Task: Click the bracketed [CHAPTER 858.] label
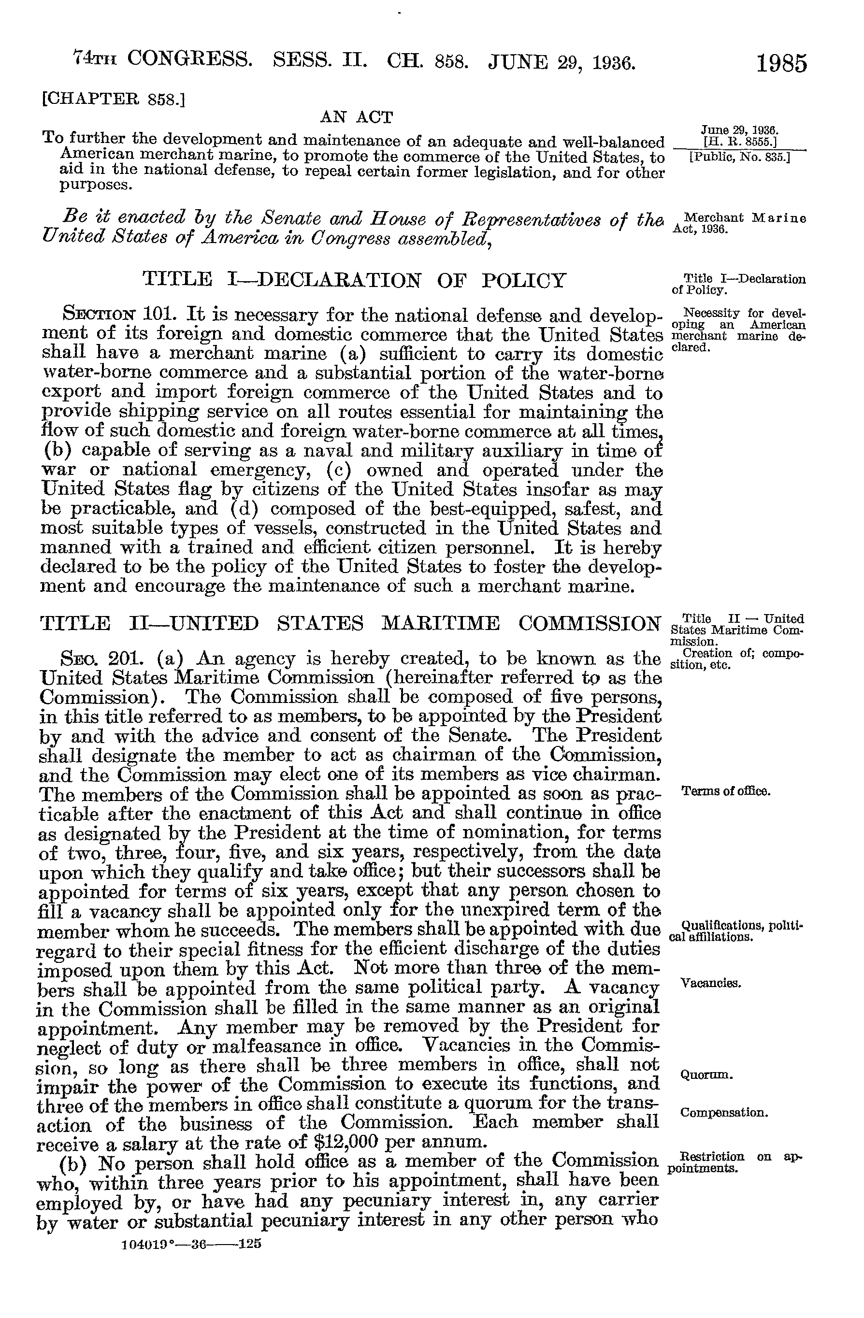pos(114,99)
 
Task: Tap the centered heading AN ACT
pos(357,117)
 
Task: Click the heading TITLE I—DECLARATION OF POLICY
pos(355,280)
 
